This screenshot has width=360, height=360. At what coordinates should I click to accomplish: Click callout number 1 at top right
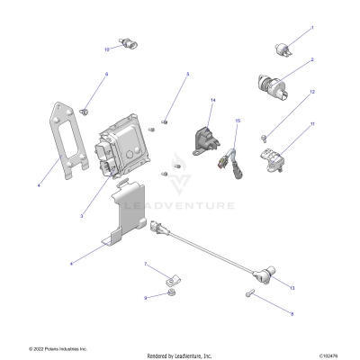click(x=312, y=29)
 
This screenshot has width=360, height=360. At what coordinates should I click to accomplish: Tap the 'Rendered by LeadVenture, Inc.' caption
click(x=180, y=354)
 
